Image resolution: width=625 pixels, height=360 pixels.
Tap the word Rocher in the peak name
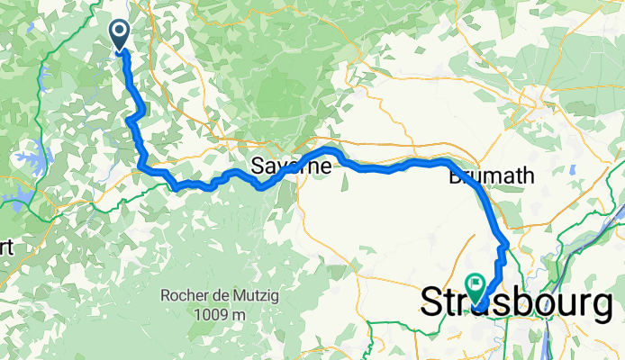tap(184, 296)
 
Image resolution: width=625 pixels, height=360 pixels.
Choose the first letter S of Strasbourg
tap(434, 304)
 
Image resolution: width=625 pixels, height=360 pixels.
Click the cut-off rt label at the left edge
tap(5, 248)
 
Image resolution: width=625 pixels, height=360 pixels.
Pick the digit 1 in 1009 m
tap(195, 314)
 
